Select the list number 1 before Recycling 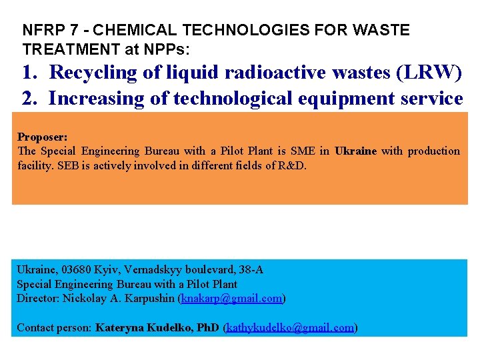pyautogui.click(x=29, y=72)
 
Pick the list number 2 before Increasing pyautogui.click(x=29, y=99)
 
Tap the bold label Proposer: pyautogui.click(x=42, y=137)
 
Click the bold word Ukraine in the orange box pyautogui.click(x=356, y=151)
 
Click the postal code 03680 pyautogui.click(x=77, y=270)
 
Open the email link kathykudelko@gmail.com pyautogui.click(x=291, y=327)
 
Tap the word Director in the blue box pyautogui.click(x=37, y=298)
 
